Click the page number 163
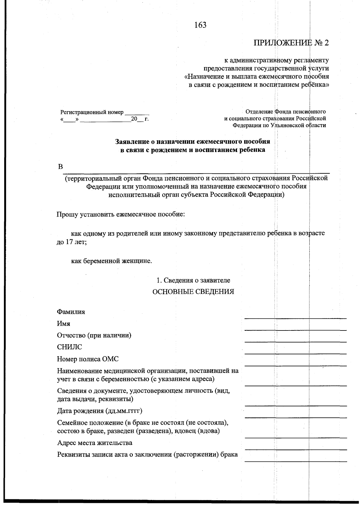[x=200, y=25]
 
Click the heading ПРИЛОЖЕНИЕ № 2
[x=291, y=43]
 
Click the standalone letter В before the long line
[x=60, y=167]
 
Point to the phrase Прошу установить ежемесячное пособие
[x=121, y=215]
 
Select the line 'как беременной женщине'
[x=112, y=261]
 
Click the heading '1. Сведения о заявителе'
[x=193, y=280]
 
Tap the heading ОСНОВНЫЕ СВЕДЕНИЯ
[x=193, y=292]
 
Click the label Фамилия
[x=71, y=312]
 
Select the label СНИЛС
[x=69, y=347]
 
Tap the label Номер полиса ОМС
[x=88, y=359]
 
